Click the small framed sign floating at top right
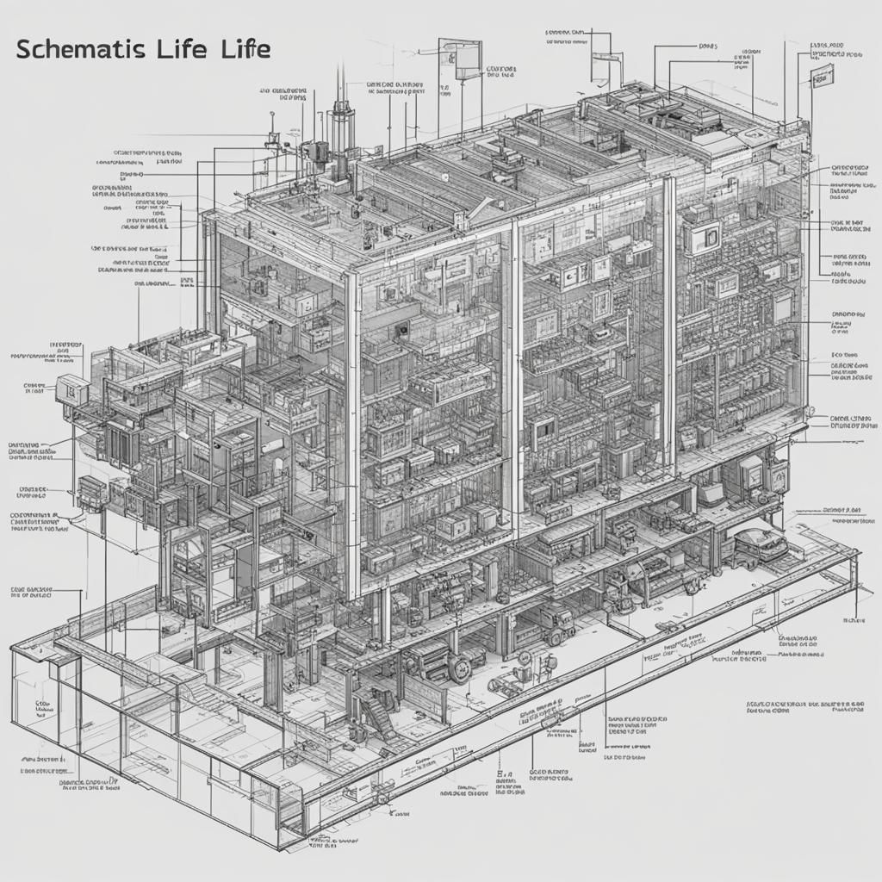tap(823, 75)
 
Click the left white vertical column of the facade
tap(353, 431)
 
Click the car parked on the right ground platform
tap(760, 544)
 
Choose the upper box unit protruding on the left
tap(71, 388)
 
